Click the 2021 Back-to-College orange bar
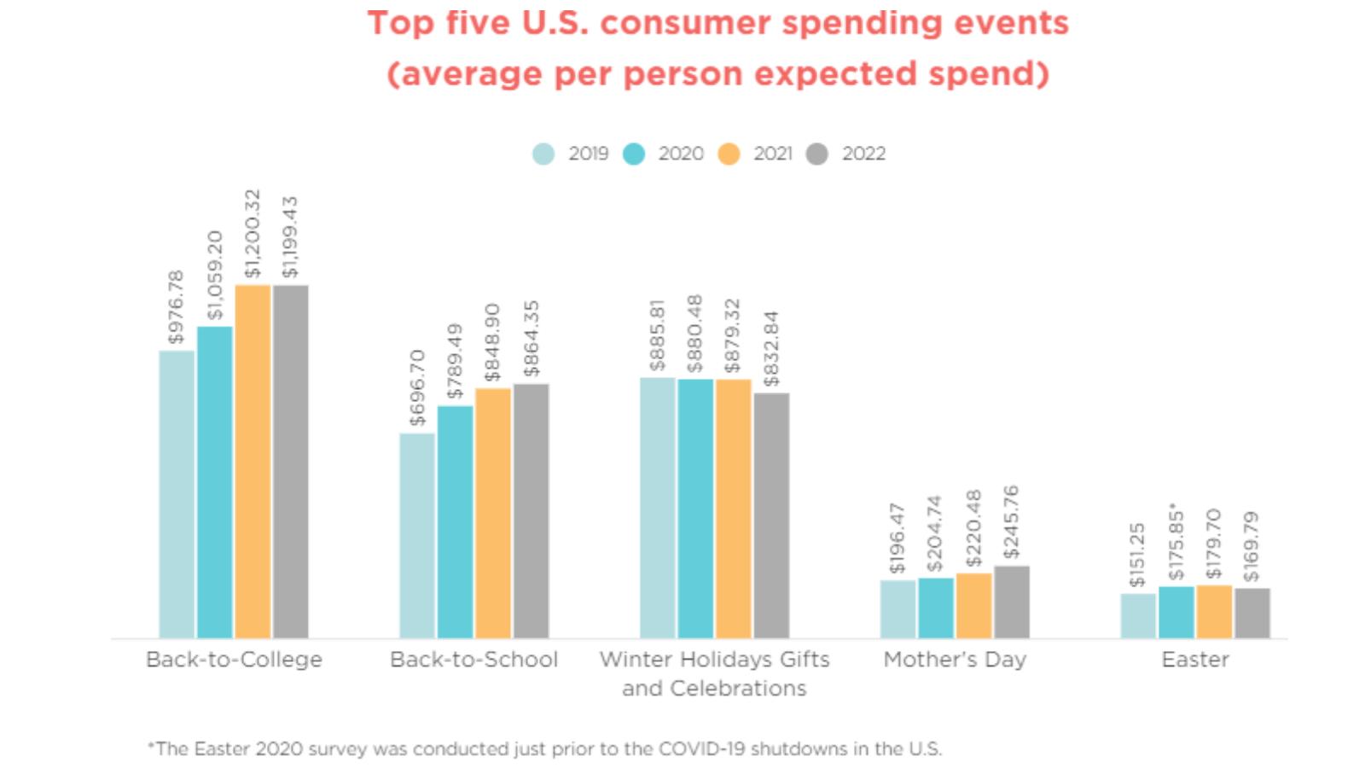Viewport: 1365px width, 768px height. pyautogui.click(x=253, y=461)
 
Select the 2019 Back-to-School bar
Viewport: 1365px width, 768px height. pyautogui.click(x=417, y=535)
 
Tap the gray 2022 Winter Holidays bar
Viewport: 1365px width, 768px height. pyautogui.click(x=771, y=515)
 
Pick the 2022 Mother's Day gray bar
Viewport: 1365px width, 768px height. pyautogui.click(x=1012, y=602)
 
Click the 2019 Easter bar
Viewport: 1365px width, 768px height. pyautogui.click(x=1138, y=615)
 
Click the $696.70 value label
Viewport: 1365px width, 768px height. pyautogui.click(x=417, y=387)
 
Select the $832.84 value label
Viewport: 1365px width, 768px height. pyautogui.click(x=771, y=348)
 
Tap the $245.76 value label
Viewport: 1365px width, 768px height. pyautogui.click(x=1012, y=521)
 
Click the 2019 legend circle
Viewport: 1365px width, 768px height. pyautogui.click(x=543, y=154)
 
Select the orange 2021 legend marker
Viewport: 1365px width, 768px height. pyautogui.click(x=729, y=154)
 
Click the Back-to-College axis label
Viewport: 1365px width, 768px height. pyautogui.click(x=234, y=660)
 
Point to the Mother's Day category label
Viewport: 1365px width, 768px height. pyautogui.click(x=955, y=660)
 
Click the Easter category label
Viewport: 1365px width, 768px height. pyautogui.click(x=1195, y=660)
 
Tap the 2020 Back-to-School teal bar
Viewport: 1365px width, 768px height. pyautogui.click(x=455, y=521)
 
